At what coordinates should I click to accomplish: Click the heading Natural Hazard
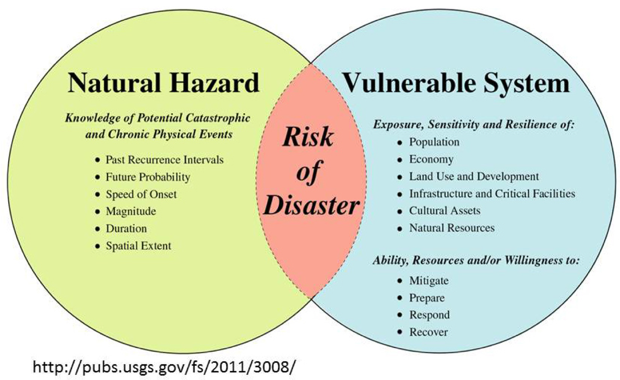(x=164, y=83)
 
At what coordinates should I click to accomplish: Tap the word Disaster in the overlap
(x=311, y=206)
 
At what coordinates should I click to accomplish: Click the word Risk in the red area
(x=308, y=137)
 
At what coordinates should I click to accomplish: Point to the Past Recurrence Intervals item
(x=165, y=160)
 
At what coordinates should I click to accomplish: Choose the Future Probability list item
(x=148, y=177)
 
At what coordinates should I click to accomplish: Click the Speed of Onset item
(x=141, y=194)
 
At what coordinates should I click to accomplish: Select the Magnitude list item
(x=131, y=212)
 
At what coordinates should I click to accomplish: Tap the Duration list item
(x=126, y=229)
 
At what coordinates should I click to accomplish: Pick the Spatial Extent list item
(x=139, y=246)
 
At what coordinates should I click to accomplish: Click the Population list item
(x=434, y=142)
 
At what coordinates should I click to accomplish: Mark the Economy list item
(x=431, y=160)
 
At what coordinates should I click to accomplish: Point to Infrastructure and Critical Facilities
(x=492, y=194)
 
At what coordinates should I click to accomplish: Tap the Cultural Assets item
(x=445, y=211)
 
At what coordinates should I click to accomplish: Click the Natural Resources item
(x=452, y=228)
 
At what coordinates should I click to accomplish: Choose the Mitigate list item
(x=429, y=281)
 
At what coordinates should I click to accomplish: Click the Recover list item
(x=429, y=332)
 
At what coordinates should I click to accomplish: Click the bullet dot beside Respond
(x=400, y=315)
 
